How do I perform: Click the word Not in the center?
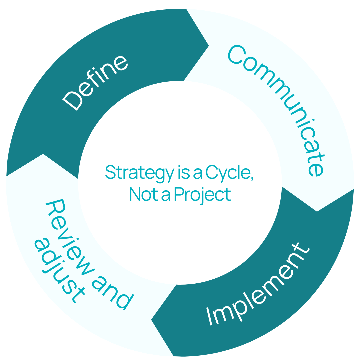click(139, 194)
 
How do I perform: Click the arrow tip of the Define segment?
click(209, 45)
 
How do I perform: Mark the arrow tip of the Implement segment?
click(152, 320)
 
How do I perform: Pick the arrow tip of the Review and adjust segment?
click(43, 154)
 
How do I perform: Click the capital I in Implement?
click(210, 317)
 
